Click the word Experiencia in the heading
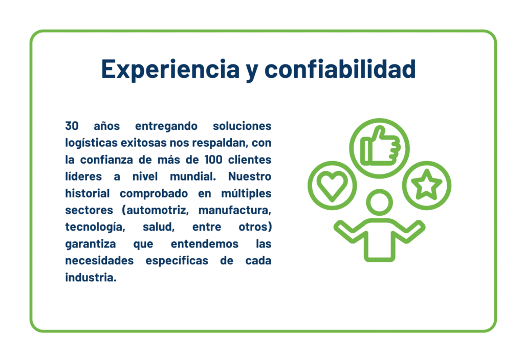click(x=170, y=69)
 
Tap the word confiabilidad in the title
click(x=340, y=69)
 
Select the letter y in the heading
click(x=252, y=72)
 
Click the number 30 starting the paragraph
click(x=72, y=126)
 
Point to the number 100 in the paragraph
click(x=213, y=160)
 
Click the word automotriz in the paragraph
click(x=156, y=210)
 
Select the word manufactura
click(x=234, y=210)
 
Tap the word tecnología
click(x=95, y=228)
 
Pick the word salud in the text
click(x=159, y=227)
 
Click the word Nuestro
click(x=250, y=176)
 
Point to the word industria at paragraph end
click(x=91, y=277)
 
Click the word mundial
click(x=193, y=176)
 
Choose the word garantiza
click(x=91, y=244)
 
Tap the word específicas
click(x=177, y=261)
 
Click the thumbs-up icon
click(x=380, y=146)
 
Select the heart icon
click(x=332, y=186)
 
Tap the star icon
click(x=427, y=185)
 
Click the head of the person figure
click(x=379, y=202)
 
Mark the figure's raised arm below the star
click(x=409, y=232)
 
